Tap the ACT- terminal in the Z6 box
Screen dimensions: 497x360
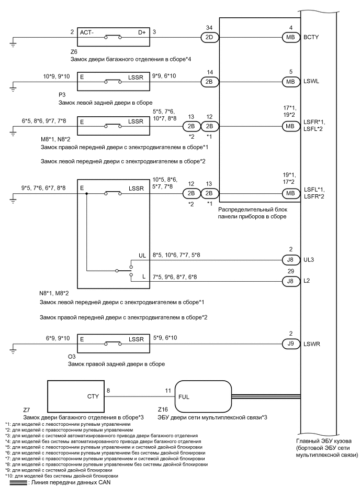[87, 32]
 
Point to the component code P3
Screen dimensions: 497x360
[64, 96]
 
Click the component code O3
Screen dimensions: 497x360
[65, 356]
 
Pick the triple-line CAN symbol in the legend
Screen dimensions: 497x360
[15, 483]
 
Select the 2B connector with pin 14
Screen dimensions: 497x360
[209, 81]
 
